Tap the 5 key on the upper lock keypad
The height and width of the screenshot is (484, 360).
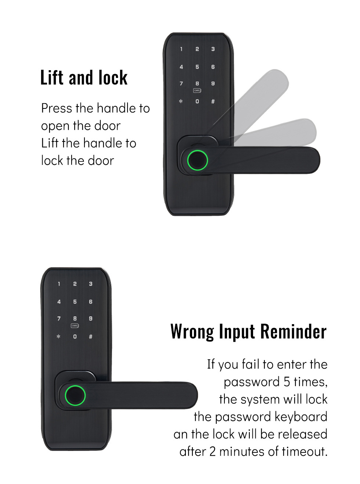click(x=197, y=67)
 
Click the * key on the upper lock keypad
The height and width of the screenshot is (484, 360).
click(x=181, y=101)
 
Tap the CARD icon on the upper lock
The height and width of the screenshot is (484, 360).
click(x=197, y=90)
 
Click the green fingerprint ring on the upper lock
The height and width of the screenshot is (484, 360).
click(x=197, y=160)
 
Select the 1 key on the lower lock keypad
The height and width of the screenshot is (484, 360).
click(x=59, y=284)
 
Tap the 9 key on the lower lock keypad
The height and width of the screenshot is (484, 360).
click(x=91, y=319)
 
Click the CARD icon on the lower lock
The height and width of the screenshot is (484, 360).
click(x=75, y=326)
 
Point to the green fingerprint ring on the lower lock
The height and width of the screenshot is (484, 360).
click(x=75, y=395)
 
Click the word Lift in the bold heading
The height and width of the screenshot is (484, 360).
click(x=53, y=77)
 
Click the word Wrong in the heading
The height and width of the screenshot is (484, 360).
click(x=192, y=332)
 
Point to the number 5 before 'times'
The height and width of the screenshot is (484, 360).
click(x=287, y=382)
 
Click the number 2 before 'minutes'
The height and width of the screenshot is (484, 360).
click(x=212, y=452)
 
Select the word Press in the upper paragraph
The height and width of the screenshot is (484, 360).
click(x=57, y=108)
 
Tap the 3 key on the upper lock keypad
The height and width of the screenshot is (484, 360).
click(x=213, y=49)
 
